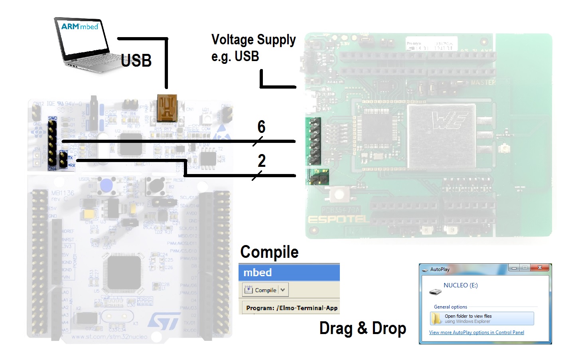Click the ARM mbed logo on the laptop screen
[80, 27]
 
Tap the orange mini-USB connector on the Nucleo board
[167, 108]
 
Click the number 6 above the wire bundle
[261, 127]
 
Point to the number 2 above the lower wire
[262, 161]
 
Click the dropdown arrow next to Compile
[283, 290]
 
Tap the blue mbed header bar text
[258, 273]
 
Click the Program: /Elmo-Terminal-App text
[292, 308]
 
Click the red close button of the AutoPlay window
[540, 268]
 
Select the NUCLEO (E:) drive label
[460, 285]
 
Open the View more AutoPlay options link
[476, 332]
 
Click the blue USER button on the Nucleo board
[107, 185]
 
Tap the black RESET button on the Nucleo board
[156, 185]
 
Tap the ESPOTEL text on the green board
[337, 220]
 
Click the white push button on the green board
[339, 195]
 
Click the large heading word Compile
[269, 252]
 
